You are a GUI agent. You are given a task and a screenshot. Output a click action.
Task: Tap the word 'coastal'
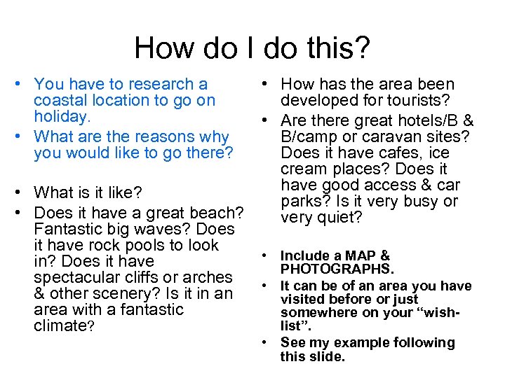pyautogui.click(x=60, y=101)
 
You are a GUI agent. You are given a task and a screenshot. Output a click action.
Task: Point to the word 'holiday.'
pyautogui.click(x=62, y=117)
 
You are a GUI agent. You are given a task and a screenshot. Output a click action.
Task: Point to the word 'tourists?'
pyautogui.click(x=417, y=101)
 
